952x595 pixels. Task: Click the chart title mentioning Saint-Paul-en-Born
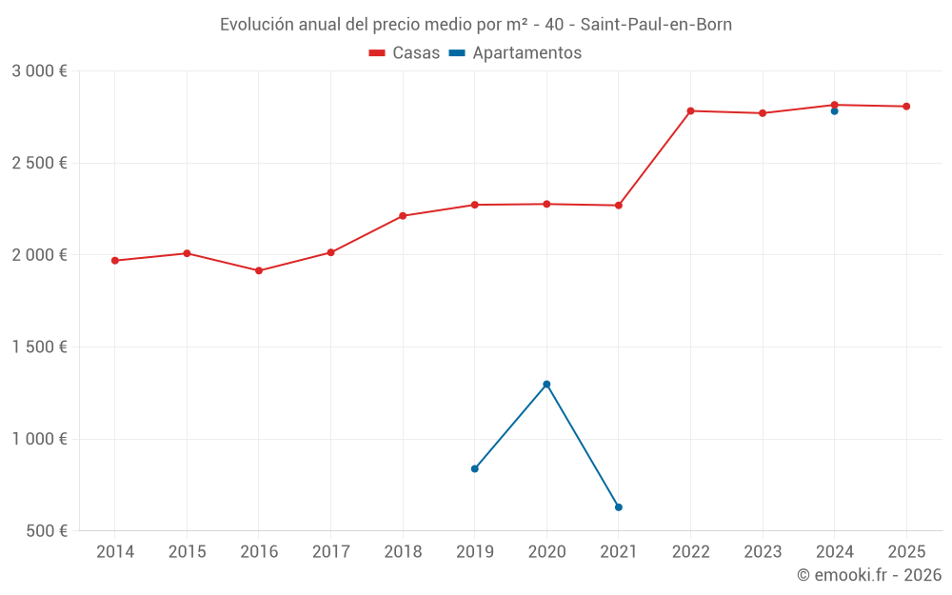click(x=476, y=24)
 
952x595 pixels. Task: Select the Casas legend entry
click(x=405, y=53)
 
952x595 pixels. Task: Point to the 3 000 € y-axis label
click(x=39, y=71)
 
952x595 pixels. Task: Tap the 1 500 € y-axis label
click(x=39, y=347)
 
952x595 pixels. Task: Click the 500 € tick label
click(x=46, y=531)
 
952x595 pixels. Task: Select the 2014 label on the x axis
click(x=115, y=552)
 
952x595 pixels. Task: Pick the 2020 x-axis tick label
click(x=546, y=552)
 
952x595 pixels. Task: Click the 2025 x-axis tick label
click(x=905, y=552)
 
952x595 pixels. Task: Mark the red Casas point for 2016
click(x=259, y=270)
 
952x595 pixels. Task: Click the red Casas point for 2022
click(x=690, y=111)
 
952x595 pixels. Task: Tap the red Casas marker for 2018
click(x=403, y=216)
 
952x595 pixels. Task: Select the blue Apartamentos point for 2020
click(x=546, y=385)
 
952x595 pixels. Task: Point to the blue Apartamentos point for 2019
click(x=474, y=468)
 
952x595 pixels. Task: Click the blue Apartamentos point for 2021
click(x=619, y=507)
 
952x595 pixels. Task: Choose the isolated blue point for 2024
click(x=834, y=111)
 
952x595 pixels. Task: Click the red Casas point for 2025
click(x=906, y=107)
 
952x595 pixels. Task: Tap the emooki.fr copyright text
click(x=869, y=575)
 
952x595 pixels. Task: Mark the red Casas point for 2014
click(x=115, y=261)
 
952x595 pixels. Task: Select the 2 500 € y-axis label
click(x=39, y=163)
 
